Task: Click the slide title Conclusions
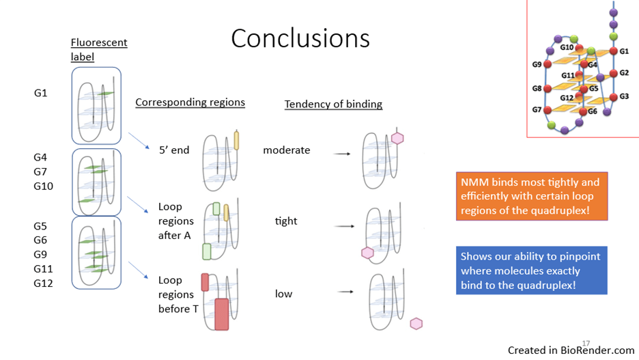[300, 38]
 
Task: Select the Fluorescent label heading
[99, 50]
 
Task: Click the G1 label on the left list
[41, 93]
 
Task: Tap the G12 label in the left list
[43, 283]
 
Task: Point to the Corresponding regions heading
[190, 102]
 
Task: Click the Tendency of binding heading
[333, 105]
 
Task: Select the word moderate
[287, 150]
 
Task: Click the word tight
[286, 221]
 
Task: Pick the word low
[283, 294]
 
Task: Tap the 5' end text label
[174, 150]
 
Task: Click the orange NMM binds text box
[532, 197]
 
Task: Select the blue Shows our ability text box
[531, 271]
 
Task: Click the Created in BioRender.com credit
[571, 350]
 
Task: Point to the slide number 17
[585, 342]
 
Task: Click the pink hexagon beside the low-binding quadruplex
[416, 323]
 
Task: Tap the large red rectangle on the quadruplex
[222, 314]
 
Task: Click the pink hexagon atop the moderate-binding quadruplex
[397, 139]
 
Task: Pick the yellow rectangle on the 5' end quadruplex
[236, 139]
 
